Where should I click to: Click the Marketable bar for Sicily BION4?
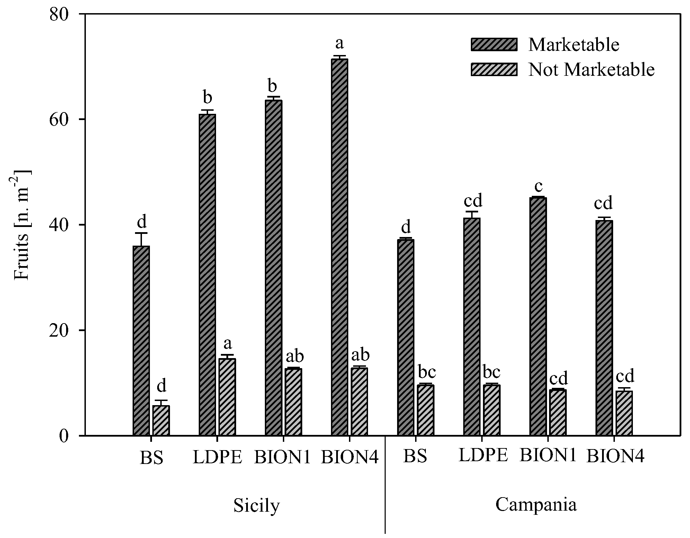tap(339, 247)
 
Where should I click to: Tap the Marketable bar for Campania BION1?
tap(538, 316)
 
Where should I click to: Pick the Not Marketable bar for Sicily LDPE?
tap(227, 397)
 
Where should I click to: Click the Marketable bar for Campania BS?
tap(405, 337)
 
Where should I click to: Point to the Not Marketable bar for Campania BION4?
tap(624, 413)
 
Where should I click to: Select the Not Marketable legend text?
tap(591, 70)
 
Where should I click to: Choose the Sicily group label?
tap(256, 506)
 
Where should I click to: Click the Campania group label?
tap(536, 504)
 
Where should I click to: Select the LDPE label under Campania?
tap(483, 456)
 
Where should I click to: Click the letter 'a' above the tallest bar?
tap(339, 44)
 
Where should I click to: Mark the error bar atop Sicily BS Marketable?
tap(141, 239)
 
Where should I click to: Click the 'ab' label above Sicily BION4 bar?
tap(360, 355)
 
